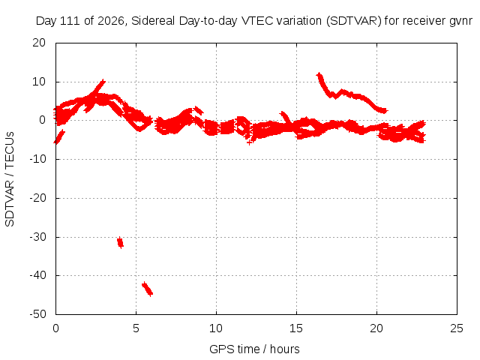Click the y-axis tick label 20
[x=39, y=43]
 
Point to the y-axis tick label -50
[x=37, y=314]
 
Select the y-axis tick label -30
[x=37, y=237]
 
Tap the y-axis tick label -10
[x=37, y=159]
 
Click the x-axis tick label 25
[x=457, y=328]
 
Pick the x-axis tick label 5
[x=136, y=328]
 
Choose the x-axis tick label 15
[x=296, y=328]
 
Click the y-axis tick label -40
[x=37, y=275]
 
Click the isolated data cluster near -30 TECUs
[x=120, y=242]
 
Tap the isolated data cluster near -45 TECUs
[x=147, y=289]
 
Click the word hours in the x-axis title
[x=285, y=349]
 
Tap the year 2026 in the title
[x=111, y=21]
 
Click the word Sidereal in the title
[x=153, y=21]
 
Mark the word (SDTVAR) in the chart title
[x=353, y=21]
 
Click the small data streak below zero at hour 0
[x=59, y=136]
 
